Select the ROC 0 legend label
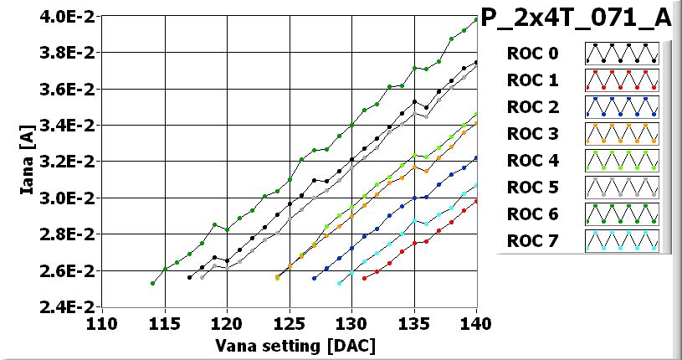tap(531, 54)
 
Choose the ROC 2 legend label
tap(531, 107)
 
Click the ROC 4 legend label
tap(531, 161)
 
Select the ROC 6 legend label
tap(531, 214)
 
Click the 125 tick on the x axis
tap(290, 323)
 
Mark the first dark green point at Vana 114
tap(152, 283)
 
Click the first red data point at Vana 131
tap(364, 278)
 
